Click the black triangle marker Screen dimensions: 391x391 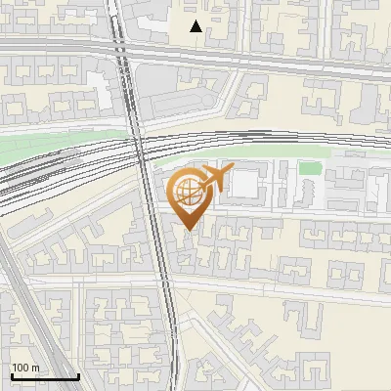[x=196, y=26]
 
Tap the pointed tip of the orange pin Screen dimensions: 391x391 [x=189, y=231]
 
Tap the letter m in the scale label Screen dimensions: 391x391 [x=36, y=368]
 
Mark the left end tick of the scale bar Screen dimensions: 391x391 [x=11, y=375]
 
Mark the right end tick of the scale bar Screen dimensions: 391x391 [x=78, y=375]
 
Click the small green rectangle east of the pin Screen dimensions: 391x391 [x=310, y=168]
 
